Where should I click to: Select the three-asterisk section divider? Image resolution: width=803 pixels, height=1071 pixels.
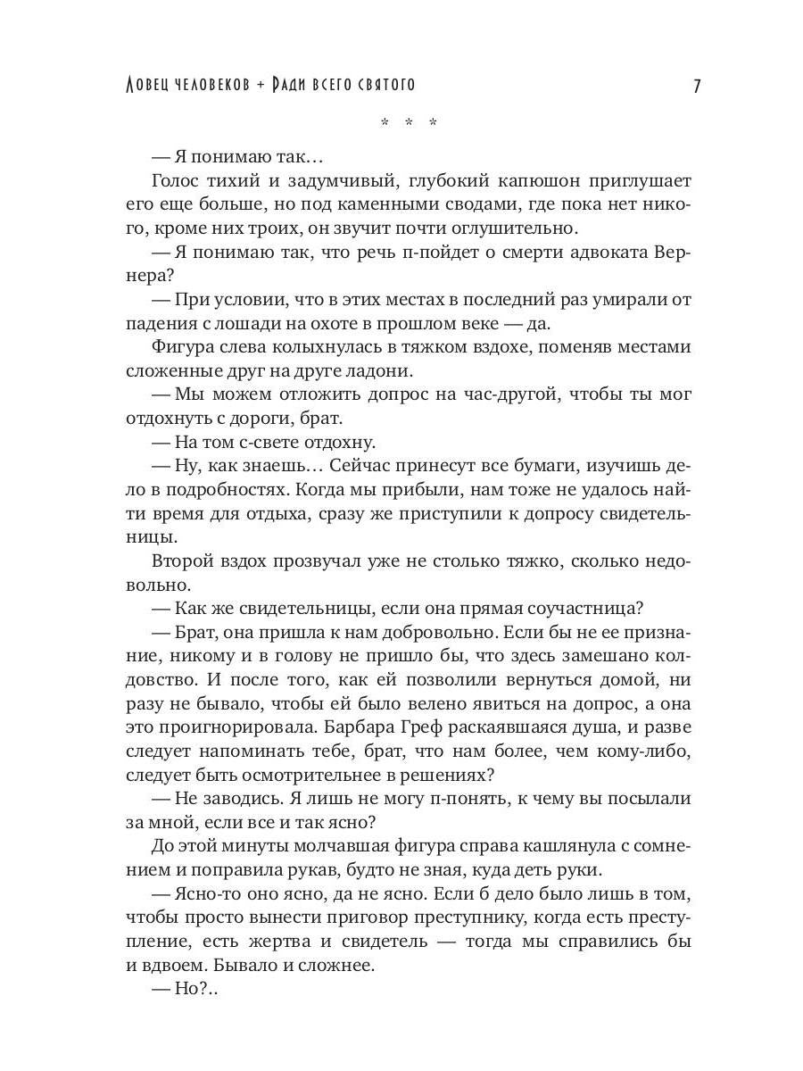pos(408,123)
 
